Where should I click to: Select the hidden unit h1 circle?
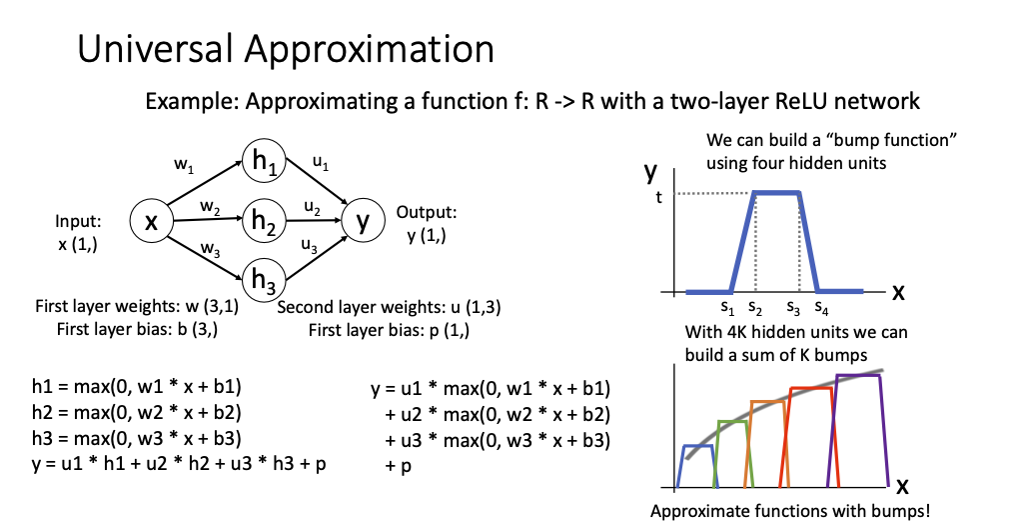coord(264,167)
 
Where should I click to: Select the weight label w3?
coord(210,247)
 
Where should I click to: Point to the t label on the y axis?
coord(658,197)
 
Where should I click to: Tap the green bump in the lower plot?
coord(732,424)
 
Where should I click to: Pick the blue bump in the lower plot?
coord(697,447)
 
